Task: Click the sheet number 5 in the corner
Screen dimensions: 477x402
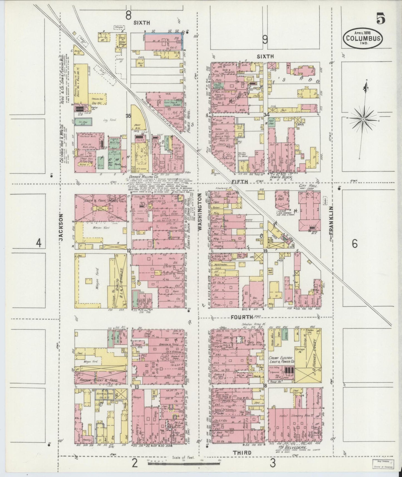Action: [x=381, y=19]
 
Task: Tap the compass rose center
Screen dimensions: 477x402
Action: [x=363, y=119]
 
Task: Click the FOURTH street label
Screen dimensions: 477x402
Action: [x=241, y=317]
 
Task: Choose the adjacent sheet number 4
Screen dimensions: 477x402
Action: [x=39, y=244]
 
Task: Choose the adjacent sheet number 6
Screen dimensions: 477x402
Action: [x=354, y=244]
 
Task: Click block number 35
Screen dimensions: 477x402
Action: [x=128, y=116]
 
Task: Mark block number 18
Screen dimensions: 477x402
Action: [x=265, y=386]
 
